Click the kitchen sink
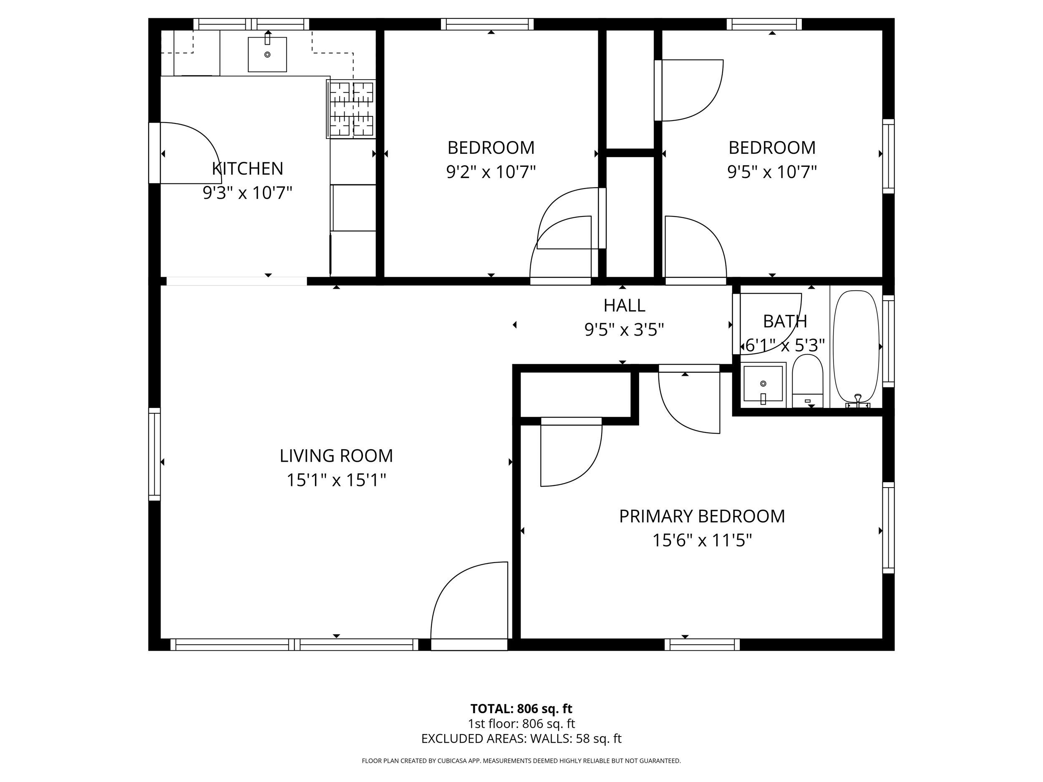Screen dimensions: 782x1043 point(267,55)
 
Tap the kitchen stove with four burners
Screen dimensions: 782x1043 point(351,109)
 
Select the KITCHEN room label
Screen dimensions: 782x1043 point(247,168)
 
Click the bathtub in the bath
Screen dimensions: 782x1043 point(857,348)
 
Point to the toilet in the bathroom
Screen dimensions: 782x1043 point(808,380)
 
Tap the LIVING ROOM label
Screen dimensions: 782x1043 point(336,456)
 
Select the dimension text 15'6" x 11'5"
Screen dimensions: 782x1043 point(702,540)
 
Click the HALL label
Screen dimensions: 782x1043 point(624,305)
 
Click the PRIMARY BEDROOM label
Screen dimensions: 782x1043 point(702,516)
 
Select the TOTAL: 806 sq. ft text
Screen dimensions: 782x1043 point(521,709)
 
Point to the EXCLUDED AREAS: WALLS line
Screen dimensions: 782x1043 point(521,739)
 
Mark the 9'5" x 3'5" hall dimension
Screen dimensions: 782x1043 point(624,329)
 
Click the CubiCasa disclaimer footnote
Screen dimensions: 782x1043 point(521,761)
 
